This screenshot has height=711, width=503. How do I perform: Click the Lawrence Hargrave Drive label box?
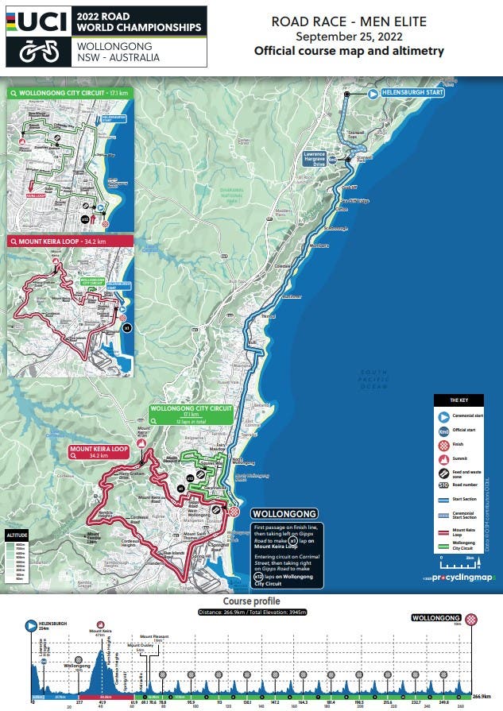pos(315,158)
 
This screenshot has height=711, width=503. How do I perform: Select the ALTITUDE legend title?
pos(18,536)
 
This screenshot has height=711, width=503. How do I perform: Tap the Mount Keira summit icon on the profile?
pos(99,624)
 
